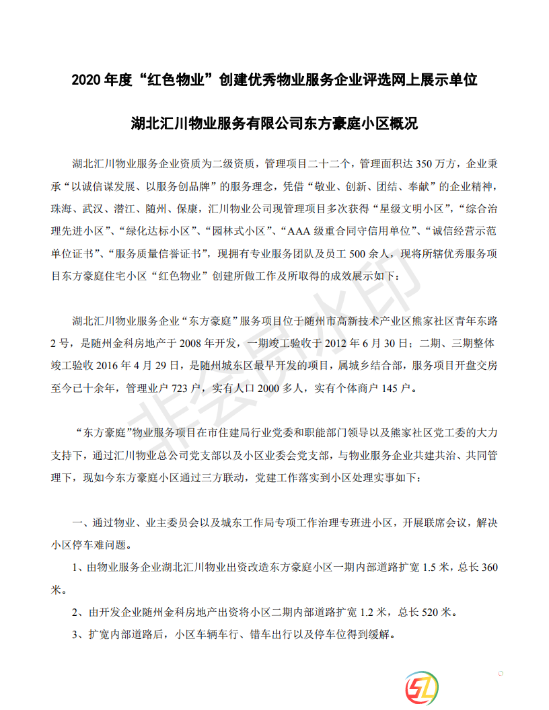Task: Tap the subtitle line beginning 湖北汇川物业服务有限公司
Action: (274, 124)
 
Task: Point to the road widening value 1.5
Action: (431, 567)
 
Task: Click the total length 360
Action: (489, 567)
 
